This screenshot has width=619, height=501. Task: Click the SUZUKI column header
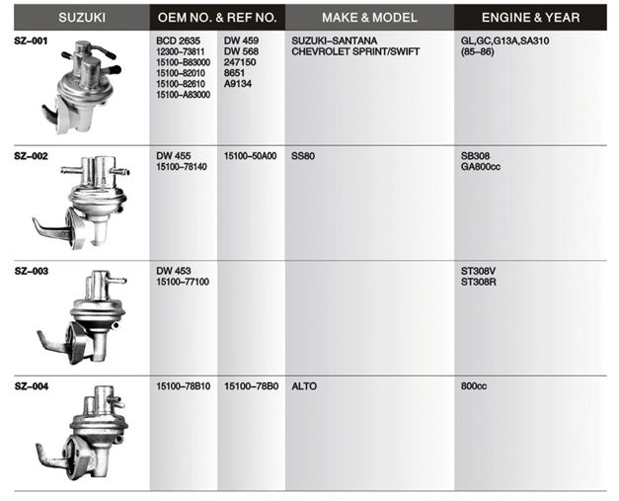point(82,18)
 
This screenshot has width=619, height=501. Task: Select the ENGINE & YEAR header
point(530,18)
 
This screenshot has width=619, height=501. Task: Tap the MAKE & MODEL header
point(369,18)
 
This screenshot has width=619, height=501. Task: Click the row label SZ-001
point(31,41)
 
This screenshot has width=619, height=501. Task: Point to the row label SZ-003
point(32,271)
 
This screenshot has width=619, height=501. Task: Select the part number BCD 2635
point(178,41)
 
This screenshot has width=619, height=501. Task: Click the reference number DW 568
point(241,51)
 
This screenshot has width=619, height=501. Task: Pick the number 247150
point(240,62)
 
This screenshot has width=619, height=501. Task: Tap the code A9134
point(238,84)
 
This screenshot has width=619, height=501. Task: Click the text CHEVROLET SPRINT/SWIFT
point(355,51)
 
